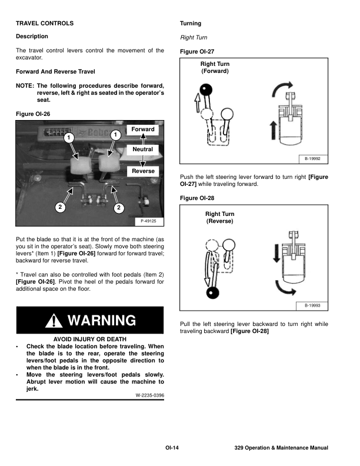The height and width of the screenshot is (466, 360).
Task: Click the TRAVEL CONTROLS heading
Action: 45,24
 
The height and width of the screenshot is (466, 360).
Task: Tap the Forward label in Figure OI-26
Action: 143,129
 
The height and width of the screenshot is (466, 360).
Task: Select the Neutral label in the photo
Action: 143,149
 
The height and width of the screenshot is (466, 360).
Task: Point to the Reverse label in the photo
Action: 143,171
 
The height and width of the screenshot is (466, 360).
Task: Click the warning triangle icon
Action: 55,321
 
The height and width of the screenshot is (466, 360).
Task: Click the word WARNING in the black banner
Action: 102,321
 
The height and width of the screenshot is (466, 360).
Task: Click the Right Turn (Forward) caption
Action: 215,67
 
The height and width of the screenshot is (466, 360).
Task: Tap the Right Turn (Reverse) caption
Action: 219,218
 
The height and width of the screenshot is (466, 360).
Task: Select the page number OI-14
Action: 172,449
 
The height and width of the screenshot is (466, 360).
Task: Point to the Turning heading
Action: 190,24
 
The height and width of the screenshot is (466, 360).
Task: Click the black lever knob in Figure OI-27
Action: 205,90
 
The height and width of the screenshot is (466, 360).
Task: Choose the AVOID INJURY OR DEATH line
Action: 90,340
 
